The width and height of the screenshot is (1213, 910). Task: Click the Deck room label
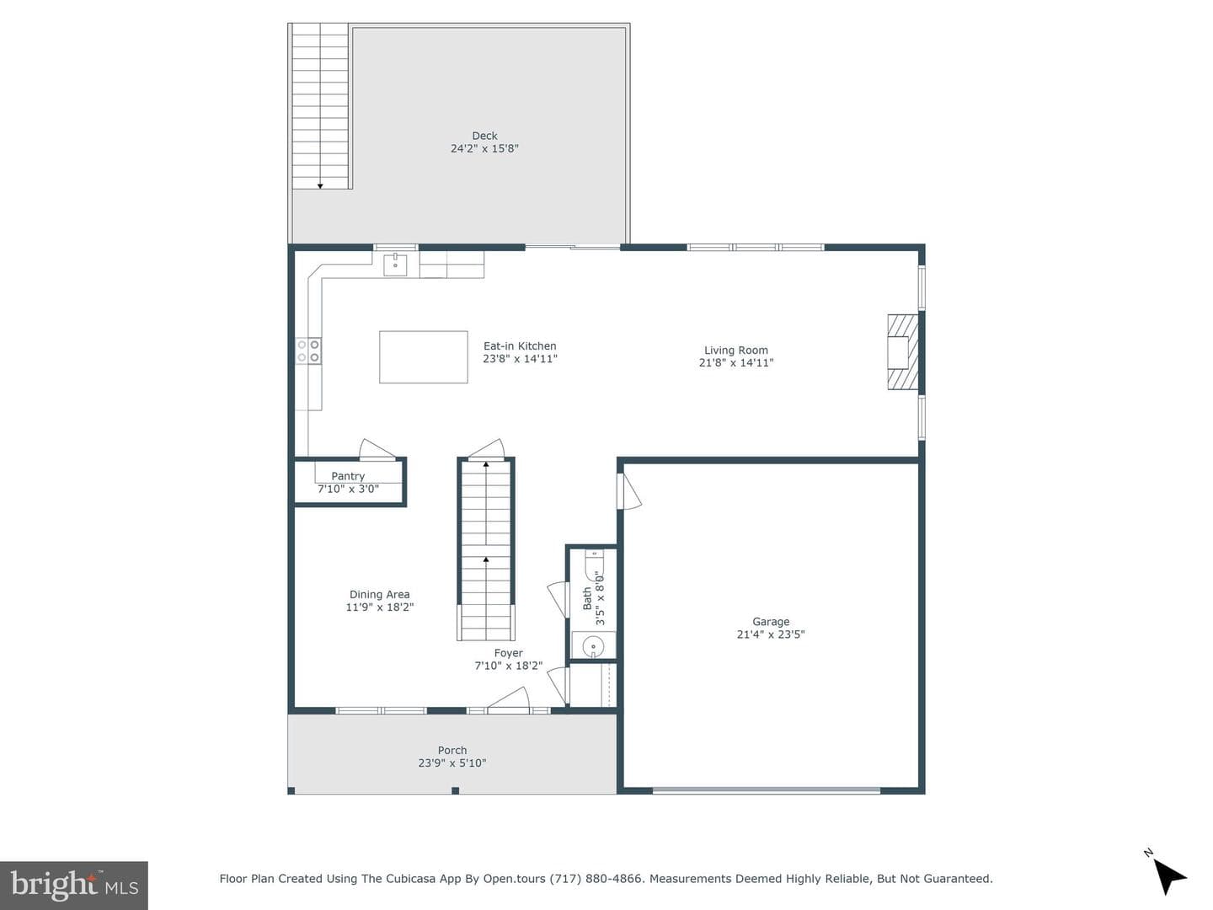click(484, 136)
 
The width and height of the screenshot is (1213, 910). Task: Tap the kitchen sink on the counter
click(395, 265)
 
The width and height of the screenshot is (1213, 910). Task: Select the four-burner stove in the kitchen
click(308, 351)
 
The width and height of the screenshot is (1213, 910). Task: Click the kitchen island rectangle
click(424, 357)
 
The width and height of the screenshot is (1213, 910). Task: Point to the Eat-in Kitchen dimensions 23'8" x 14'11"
click(520, 359)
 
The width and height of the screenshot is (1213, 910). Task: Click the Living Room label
click(736, 350)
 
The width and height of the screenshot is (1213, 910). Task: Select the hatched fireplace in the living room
click(903, 352)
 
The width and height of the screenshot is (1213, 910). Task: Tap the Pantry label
click(348, 476)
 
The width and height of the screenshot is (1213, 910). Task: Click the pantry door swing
click(377, 448)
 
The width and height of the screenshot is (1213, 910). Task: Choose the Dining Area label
click(380, 595)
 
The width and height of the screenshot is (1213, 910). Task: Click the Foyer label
click(509, 652)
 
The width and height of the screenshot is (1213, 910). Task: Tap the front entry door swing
click(509, 698)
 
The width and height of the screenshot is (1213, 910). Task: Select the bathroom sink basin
click(593, 645)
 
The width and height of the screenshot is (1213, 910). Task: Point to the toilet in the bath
click(595, 563)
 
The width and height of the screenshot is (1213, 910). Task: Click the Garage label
click(771, 622)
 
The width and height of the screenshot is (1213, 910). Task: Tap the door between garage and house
click(630, 492)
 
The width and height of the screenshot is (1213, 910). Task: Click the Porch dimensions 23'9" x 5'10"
click(452, 763)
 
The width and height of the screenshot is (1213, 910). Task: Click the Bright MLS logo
click(74, 885)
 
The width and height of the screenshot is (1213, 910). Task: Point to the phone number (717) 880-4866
click(596, 879)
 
